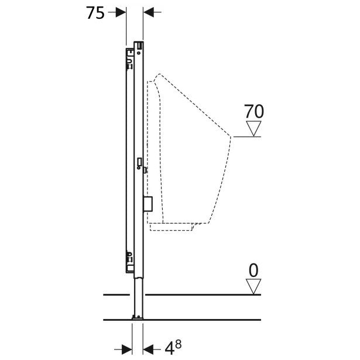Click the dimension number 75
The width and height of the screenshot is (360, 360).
(x=95, y=13)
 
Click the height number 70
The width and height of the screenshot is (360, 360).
(x=253, y=112)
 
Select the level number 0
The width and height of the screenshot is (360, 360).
(x=253, y=270)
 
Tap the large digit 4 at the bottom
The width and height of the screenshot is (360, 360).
(x=169, y=349)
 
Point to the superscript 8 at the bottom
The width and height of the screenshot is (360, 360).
(x=178, y=344)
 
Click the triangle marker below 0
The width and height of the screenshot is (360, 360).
(x=253, y=286)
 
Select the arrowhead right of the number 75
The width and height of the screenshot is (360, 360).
(x=121, y=12)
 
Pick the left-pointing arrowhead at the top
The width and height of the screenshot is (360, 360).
(x=149, y=12)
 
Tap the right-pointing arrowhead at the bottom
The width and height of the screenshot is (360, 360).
(x=127, y=349)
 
